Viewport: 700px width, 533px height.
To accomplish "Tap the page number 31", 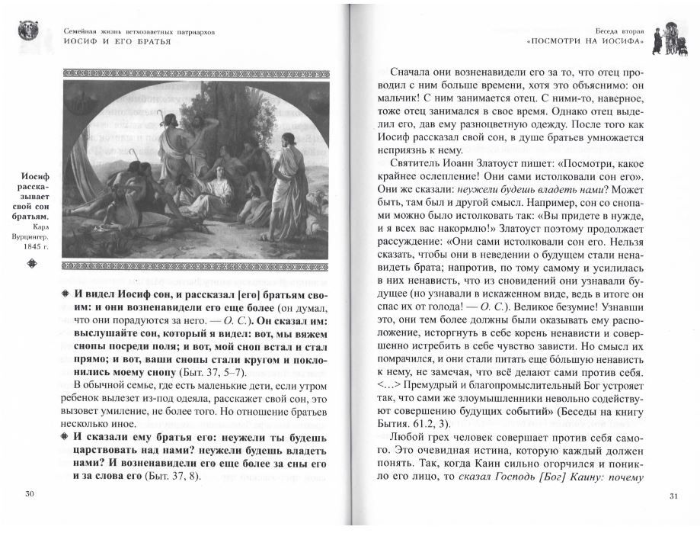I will tap(673, 496).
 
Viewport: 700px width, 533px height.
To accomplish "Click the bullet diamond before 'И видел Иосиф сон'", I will tap(68, 294).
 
